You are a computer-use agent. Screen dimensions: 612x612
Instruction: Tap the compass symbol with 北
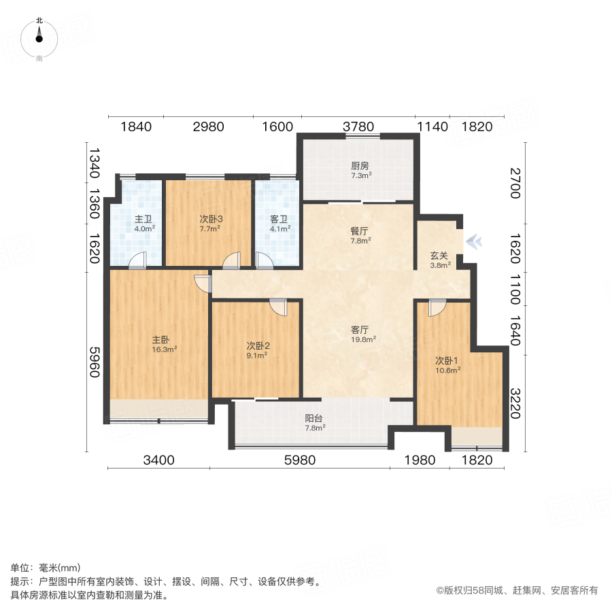tap(39, 38)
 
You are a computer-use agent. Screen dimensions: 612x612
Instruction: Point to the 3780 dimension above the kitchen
tap(358, 126)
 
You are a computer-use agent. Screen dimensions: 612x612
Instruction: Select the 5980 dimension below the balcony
tap(300, 460)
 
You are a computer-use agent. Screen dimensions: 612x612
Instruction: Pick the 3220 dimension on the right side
tap(515, 403)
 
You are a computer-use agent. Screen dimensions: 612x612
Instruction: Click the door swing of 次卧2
tap(278, 307)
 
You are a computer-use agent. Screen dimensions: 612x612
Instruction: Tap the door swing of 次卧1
tap(437, 308)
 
